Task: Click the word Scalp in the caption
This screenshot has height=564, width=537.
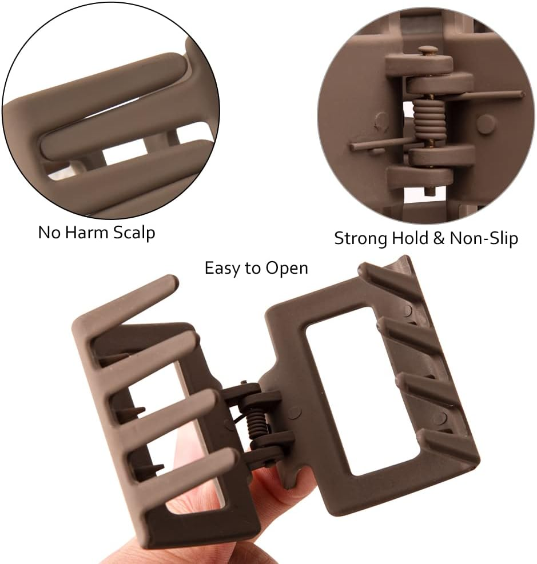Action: pyautogui.click(x=134, y=233)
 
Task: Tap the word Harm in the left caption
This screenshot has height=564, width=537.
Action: pyautogui.click(x=86, y=232)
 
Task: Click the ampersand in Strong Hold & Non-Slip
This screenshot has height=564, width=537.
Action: pyautogui.click(x=439, y=238)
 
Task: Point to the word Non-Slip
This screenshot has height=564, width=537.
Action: pyautogui.click(x=484, y=238)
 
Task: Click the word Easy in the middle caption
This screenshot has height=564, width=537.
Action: pyautogui.click(x=221, y=269)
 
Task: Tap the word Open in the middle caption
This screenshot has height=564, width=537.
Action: pyautogui.click(x=287, y=269)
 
